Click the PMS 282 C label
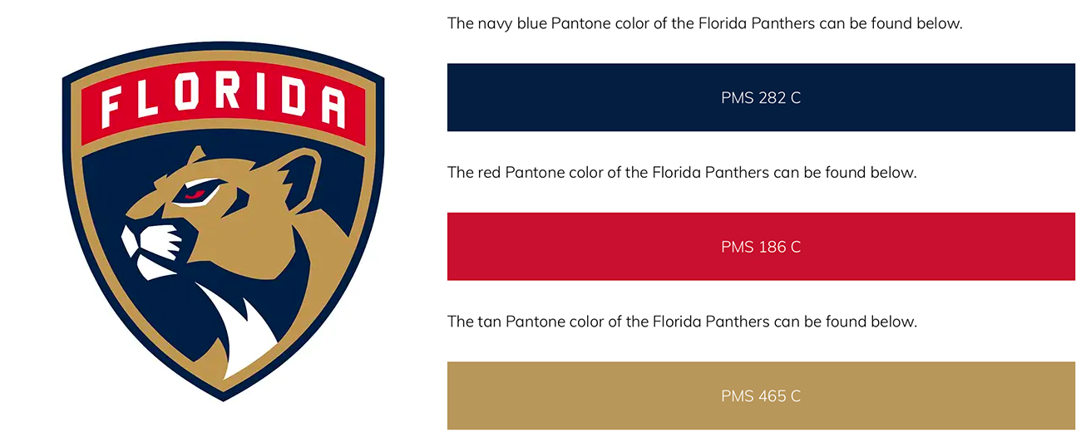(x=761, y=98)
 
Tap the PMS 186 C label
(x=761, y=247)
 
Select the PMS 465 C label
(x=761, y=396)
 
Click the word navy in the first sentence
(x=495, y=24)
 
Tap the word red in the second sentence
(x=489, y=172)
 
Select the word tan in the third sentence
(x=489, y=322)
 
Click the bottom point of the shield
(x=224, y=400)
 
